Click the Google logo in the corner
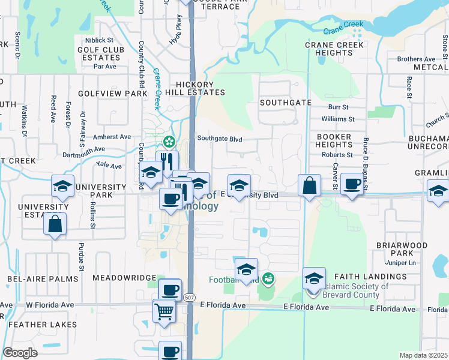click(20, 353)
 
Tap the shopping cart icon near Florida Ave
click(164, 310)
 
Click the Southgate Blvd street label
click(220, 139)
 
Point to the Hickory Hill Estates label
click(191, 88)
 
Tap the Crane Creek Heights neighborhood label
click(334, 49)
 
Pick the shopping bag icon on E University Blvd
click(309, 185)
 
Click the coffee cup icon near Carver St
click(352, 183)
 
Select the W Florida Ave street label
click(50, 305)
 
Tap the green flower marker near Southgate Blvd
click(169, 142)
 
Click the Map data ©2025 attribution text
click(423, 355)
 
